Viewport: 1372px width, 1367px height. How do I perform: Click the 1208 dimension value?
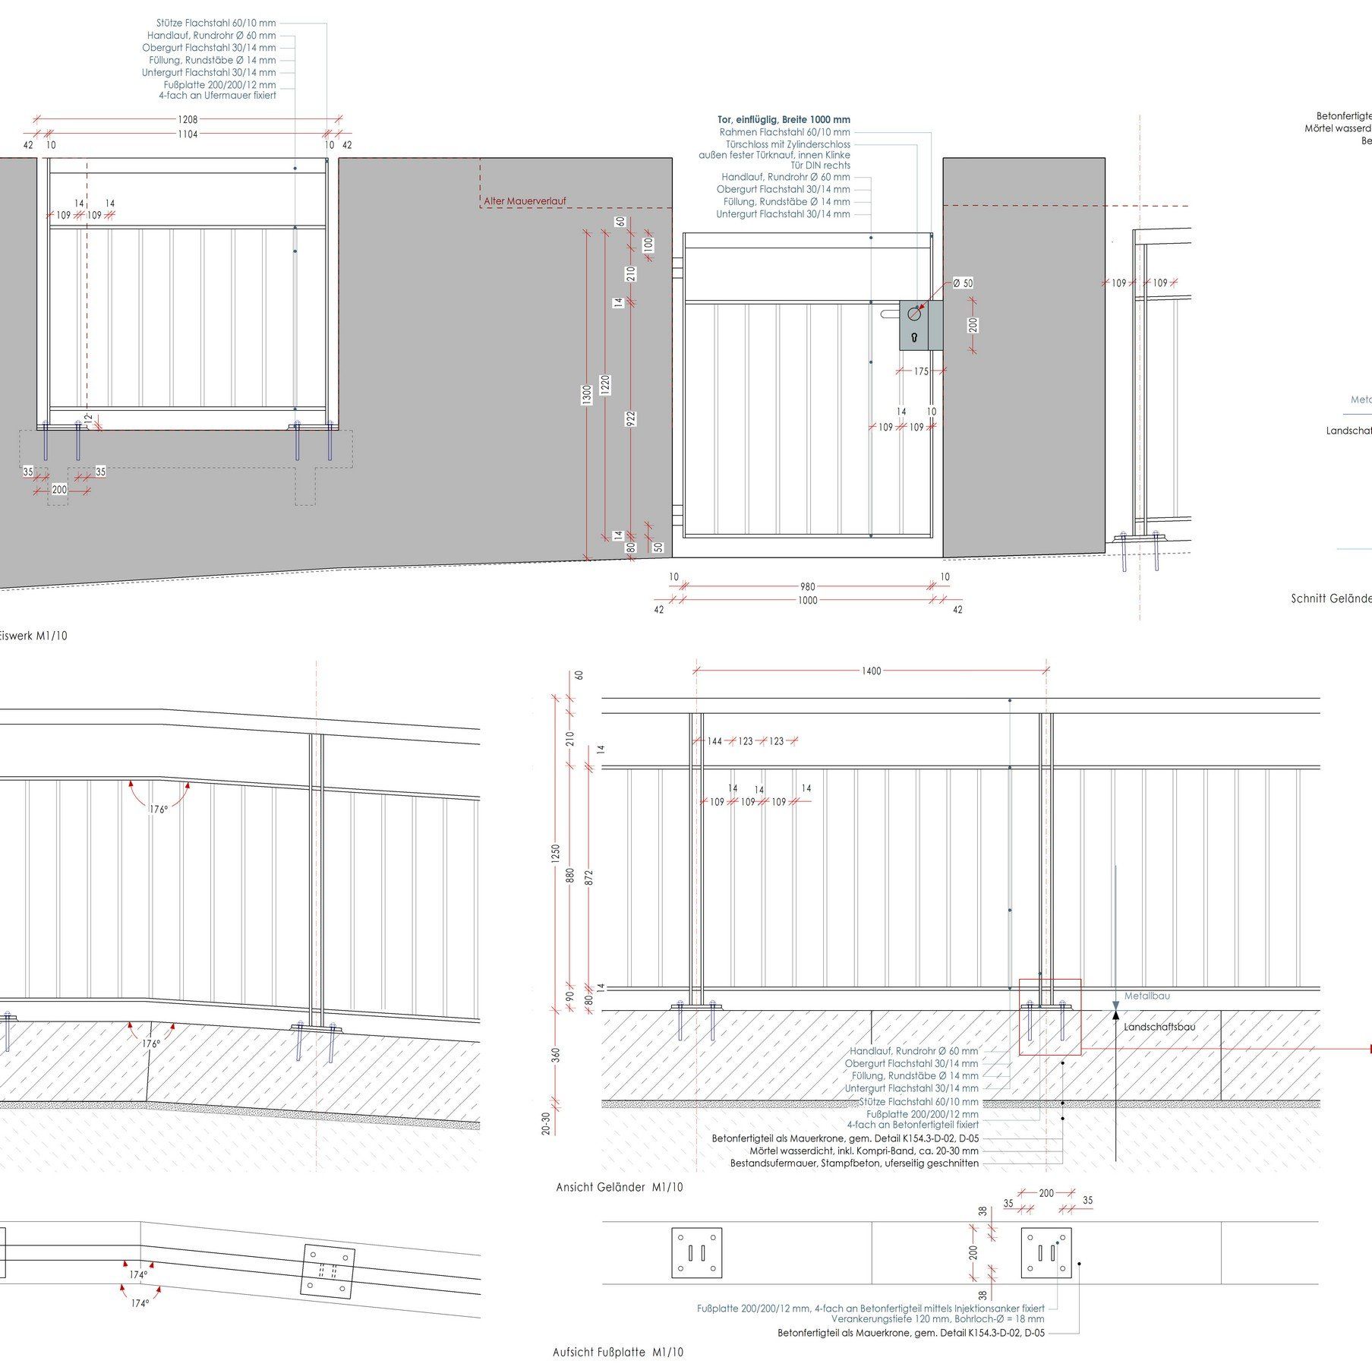pos(188,119)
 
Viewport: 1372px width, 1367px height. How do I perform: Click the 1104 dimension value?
pos(188,134)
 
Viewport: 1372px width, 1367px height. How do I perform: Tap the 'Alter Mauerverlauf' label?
pos(525,201)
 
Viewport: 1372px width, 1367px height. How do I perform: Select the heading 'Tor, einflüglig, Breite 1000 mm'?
pos(784,120)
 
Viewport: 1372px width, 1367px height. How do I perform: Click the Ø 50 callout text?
pos(963,283)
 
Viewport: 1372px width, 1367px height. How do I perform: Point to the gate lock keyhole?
pos(913,337)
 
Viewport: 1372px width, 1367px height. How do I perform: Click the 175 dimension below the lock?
pos(921,372)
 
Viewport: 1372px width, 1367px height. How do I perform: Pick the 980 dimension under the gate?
pos(807,586)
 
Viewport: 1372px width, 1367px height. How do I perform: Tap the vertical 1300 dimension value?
pos(587,395)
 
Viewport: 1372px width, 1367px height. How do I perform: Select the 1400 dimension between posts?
pos(872,671)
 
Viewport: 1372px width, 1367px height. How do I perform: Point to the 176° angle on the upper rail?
pos(158,810)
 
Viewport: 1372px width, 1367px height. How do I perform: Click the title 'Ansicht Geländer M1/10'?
pos(619,1187)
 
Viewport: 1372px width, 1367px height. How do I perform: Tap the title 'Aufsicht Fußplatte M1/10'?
pos(618,1353)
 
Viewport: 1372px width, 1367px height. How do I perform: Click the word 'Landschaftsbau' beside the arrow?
pos(1159,1027)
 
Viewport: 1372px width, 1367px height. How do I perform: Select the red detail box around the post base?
pos(1049,1016)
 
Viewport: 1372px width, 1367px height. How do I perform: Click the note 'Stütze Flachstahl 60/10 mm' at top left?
pos(216,24)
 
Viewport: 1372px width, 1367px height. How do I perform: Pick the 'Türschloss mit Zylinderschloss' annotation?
pos(787,144)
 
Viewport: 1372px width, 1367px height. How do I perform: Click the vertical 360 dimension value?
pos(556,1056)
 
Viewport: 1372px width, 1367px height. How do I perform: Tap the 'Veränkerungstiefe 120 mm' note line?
pos(937,1319)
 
